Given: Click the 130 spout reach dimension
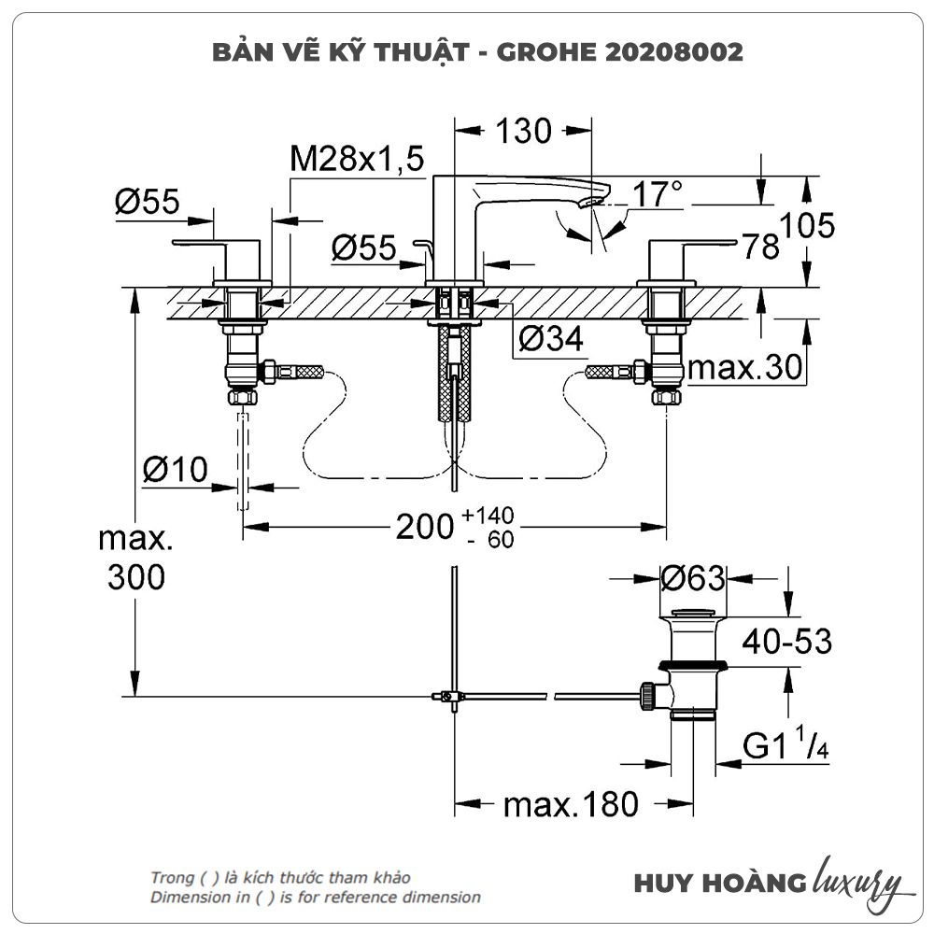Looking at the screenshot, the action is (x=524, y=131).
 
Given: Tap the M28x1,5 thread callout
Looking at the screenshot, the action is (x=357, y=159).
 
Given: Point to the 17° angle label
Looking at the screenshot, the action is (x=657, y=194).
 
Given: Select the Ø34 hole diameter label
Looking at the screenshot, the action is (x=551, y=339).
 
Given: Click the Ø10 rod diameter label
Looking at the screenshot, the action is (x=176, y=470).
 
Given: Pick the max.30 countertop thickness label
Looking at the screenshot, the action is (x=744, y=367).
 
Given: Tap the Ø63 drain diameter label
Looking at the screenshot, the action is (x=693, y=578).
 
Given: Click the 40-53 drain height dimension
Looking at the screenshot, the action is (x=786, y=642).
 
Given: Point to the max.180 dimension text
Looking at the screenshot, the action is (x=571, y=805).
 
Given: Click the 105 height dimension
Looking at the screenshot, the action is (x=807, y=226).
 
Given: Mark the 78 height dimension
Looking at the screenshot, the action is (x=760, y=246).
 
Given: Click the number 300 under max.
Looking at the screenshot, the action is (x=135, y=577).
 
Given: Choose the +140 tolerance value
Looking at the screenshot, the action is (x=488, y=515).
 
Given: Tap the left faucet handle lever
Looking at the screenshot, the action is (x=199, y=243).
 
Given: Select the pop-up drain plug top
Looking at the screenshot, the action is (x=693, y=613).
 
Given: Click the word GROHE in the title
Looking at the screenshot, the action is (x=546, y=52).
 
